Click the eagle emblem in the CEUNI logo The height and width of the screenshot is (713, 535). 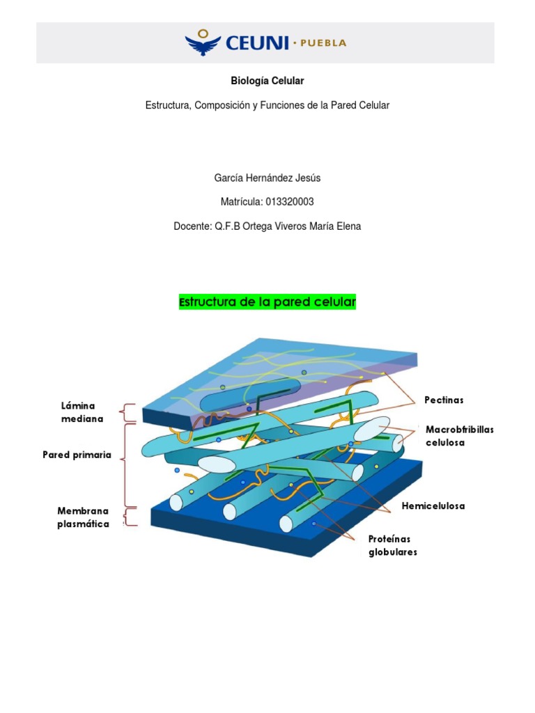click(x=203, y=42)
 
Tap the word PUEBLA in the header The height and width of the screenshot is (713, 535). click(x=323, y=43)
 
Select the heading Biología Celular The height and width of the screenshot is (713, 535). click(x=267, y=81)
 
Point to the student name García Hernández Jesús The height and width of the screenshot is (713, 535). click(x=267, y=178)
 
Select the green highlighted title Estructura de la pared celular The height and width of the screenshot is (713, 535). click(x=267, y=303)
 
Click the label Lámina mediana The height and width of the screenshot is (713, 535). click(x=82, y=412)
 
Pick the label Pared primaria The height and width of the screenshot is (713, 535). click(x=77, y=455)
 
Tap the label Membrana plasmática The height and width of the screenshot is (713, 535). click(x=83, y=517)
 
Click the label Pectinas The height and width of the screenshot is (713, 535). click(x=444, y=400)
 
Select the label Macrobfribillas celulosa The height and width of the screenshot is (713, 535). click(x=459, y=436)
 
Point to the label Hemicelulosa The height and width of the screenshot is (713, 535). click(x=433, y=506)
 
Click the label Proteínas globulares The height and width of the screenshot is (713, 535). click(x=393, y=546)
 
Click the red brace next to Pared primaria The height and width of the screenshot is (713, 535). click(x=125, y=463)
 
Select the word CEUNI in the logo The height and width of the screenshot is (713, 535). click(x=257, y=43)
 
